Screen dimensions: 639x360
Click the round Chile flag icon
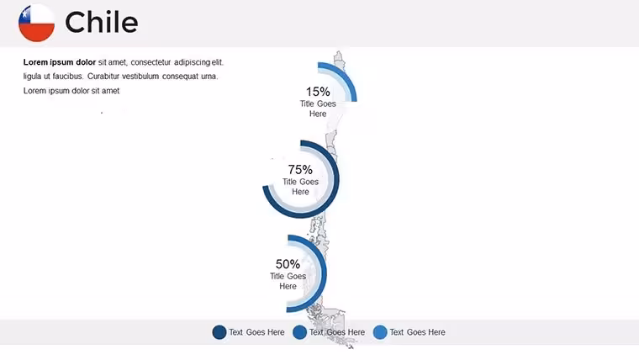[x=37, y=23]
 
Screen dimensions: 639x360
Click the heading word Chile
[x=102, y=22]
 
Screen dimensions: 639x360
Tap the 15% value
[x=318, y=92]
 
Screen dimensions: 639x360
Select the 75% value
[x=300, y=169]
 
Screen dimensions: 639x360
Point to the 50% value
[x=288, y=264]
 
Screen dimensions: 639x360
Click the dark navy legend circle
[x=219, y=332]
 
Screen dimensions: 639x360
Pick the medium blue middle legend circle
[x=299, y=332]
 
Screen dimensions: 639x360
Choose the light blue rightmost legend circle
[x=380, y=332]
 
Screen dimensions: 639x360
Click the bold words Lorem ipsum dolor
[x=60, y=62]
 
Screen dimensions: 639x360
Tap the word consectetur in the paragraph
[x=151, y=62]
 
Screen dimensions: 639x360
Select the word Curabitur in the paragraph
[x=103, y=77]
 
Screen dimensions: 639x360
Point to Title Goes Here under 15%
[x=318, y=109]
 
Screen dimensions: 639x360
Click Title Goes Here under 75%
[x=300, y=187]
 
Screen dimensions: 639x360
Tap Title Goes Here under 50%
[x=288, y=281]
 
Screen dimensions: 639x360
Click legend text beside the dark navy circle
[x=256, y=332]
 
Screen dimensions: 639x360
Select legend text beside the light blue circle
[x=417, y=332]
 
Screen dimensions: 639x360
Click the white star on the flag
[x=25, y=14]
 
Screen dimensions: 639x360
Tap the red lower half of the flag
[x=37, y=32]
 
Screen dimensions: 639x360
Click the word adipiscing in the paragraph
[x=192, y=62]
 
